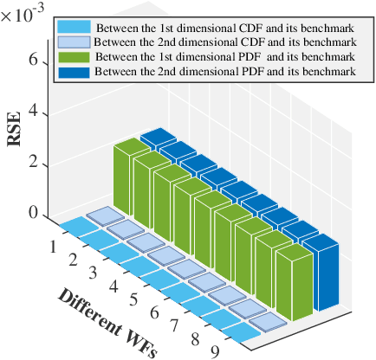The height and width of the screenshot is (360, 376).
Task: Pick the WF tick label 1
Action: click(54, 247)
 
